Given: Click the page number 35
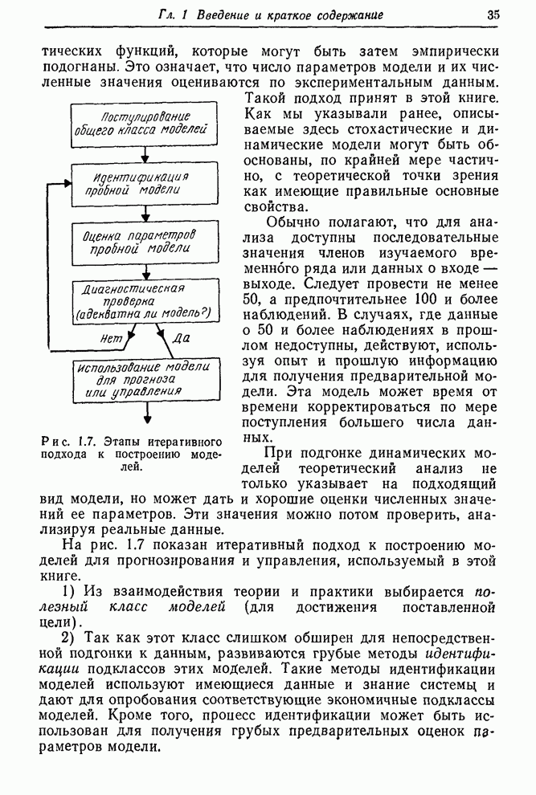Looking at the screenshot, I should click(x=493, y=14).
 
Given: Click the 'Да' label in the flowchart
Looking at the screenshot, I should click(x=182, y=338).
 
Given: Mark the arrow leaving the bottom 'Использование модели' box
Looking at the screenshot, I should click(x=147, y=411).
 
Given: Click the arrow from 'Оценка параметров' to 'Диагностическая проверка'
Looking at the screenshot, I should click(x=145, y=271).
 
